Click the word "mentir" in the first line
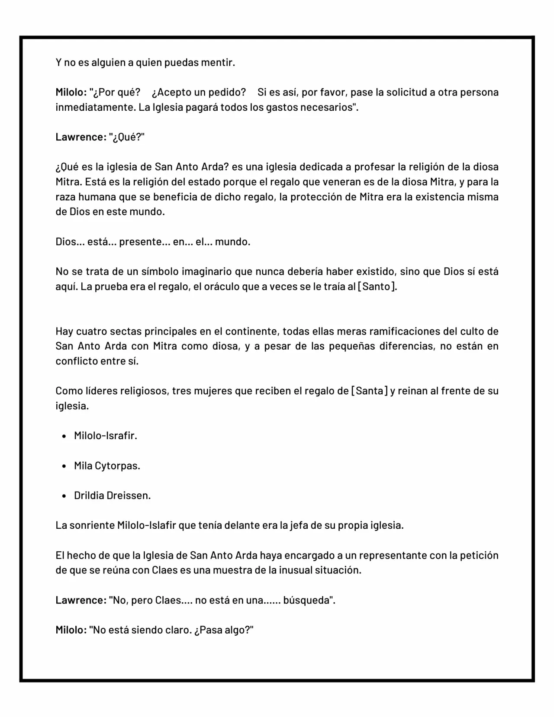click(x=218, y=62)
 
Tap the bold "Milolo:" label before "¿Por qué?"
click(x=71, y=92)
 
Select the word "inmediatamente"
click(x=95, y=107)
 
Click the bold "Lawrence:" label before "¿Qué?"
click(x=81, y=137)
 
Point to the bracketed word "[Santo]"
click(x=377, y=286)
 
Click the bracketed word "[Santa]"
click(x=369, y=391)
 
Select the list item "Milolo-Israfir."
click(x=106, y=436)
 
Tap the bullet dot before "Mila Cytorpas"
click(x=64, y=466)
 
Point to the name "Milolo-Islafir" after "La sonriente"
click(x=146, y=525)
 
